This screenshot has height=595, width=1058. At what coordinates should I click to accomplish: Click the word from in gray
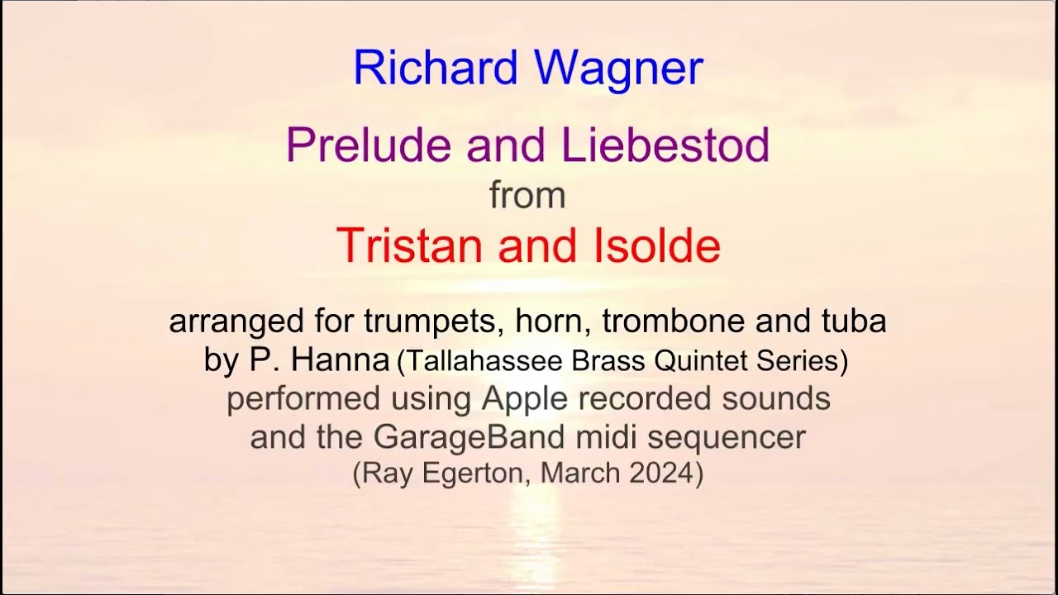point(527,196)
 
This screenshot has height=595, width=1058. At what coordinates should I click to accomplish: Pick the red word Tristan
point(411,245)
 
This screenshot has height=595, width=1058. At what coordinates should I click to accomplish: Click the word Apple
point(525,399)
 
